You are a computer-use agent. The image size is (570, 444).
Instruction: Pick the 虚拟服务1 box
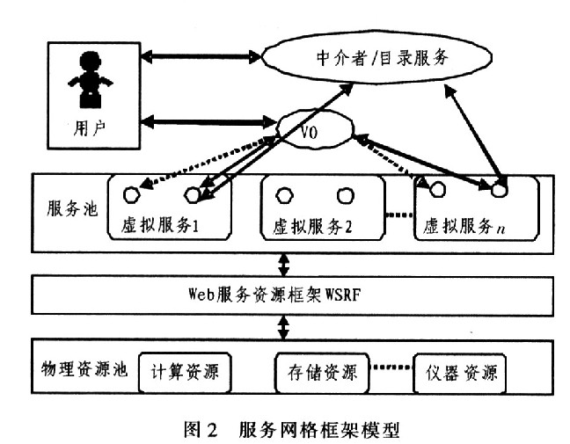coord(169,207)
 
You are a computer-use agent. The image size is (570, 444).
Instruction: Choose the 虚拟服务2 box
coord(323,207)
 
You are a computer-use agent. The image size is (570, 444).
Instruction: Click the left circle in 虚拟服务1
coord(132,193)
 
